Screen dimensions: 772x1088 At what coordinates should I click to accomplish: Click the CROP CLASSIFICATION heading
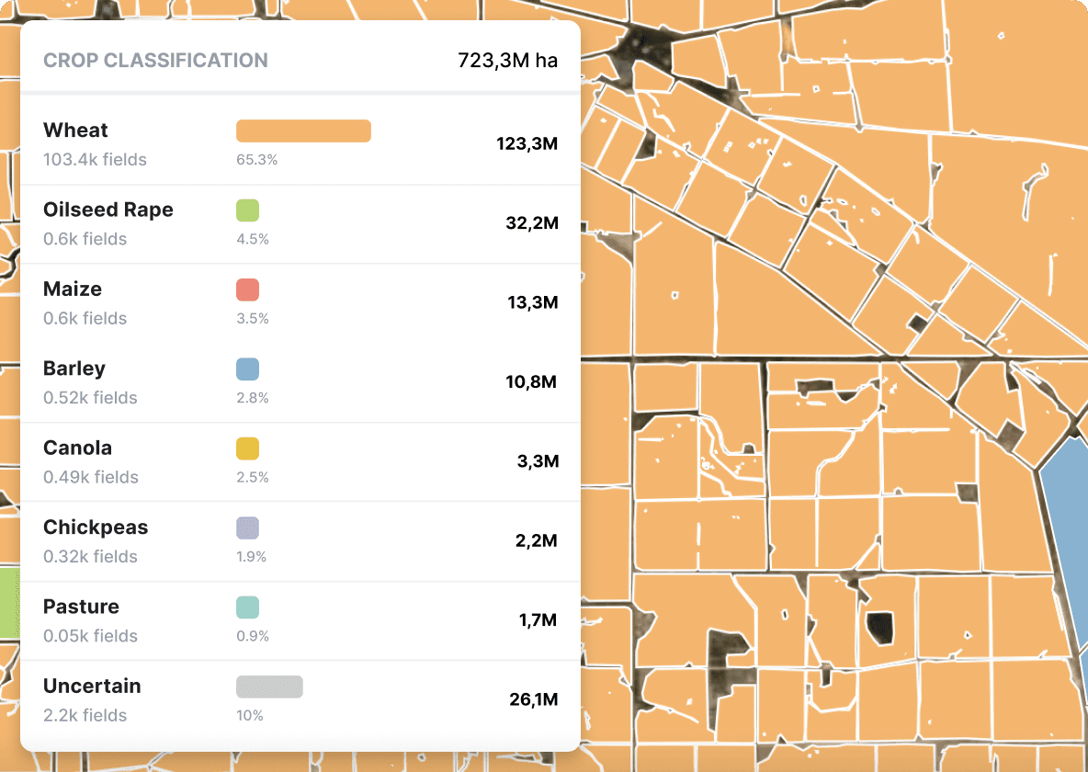(155, 61)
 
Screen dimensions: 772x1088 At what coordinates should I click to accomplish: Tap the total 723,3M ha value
(507, 62)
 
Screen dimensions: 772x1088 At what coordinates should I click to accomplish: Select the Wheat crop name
(75, 131)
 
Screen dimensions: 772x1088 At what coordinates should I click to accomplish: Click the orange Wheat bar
(303, 131)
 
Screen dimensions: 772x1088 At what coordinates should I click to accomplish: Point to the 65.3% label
(256, 160)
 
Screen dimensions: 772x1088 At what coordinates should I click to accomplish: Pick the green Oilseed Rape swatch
(247, 210)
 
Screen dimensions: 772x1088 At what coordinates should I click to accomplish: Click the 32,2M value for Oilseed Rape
(531, 223)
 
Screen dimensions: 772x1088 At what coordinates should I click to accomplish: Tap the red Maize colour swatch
(247, 290)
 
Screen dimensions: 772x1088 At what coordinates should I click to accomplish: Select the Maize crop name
(73, 289)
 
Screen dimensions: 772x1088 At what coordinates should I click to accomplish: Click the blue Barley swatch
(247, 369)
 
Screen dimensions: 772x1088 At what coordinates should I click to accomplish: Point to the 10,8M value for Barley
(531, 382)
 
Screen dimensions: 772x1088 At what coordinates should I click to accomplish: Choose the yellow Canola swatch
(247, 448)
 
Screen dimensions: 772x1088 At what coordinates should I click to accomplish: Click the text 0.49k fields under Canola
(91, 477)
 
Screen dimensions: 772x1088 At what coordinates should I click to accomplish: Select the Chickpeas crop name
(96, 528)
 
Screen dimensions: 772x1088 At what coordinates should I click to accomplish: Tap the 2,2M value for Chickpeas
(536, 541)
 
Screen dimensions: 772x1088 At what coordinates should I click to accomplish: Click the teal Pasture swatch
(247, 607)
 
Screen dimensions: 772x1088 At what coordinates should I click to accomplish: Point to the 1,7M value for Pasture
(538, 620)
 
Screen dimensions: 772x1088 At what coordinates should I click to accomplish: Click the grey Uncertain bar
(269, 687)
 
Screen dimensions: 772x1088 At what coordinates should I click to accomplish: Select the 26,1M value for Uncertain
(533, 700)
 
